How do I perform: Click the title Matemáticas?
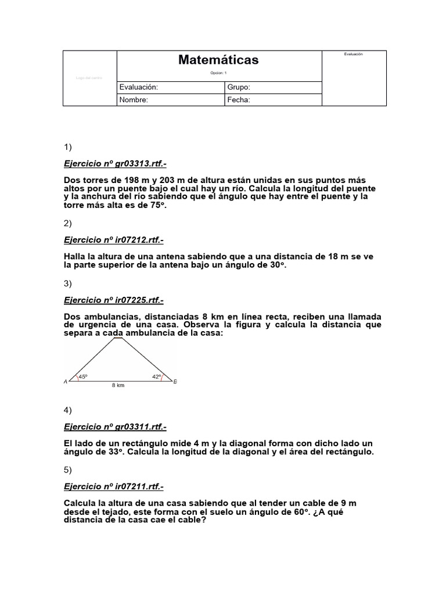tap(218, 60)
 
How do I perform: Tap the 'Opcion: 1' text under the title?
tap(218, 73)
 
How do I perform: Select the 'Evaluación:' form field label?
tap(138, 87)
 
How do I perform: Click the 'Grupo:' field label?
tap(239, 87)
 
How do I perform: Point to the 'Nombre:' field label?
tap(134, 99)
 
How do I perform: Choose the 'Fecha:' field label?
tap(239, 99)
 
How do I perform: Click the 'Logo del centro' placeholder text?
tap(89, 78)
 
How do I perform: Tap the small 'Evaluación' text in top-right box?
tap(353, 54)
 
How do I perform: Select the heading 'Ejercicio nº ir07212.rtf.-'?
tap(113, 240)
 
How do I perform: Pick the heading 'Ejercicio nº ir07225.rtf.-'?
tap(113, 300)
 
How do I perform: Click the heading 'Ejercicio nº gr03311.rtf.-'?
tap(114, 427)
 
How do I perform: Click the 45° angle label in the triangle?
tap(83, 377)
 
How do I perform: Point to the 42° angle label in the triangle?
tap(157, 377)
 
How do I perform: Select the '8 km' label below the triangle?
tap(118, 385)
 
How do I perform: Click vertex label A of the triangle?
tap(66, 382)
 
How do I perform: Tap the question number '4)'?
tap(67, 410)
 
